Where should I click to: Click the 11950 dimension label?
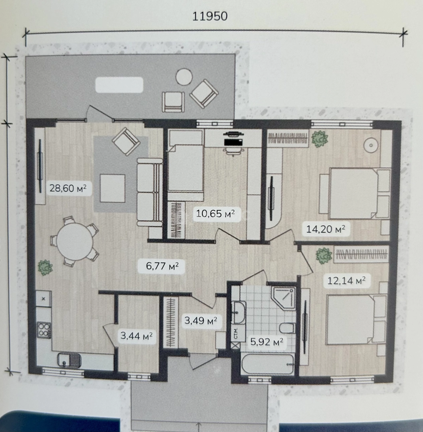coord(210,16)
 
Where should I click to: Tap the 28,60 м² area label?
coord(68,188)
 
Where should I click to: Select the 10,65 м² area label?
coord(215,213)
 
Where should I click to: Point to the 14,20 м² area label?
coord(326,229)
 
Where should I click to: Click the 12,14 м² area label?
coord(346,280)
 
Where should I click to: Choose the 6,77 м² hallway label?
coord(162,266)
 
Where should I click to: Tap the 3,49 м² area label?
coord(201,320)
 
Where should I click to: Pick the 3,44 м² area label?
coord(137,336)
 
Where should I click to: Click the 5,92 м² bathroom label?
coord(266,342)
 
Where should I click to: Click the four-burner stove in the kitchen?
coord(44,330)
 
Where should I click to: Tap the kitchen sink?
coord(70,361)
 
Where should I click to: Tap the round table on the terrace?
coord(184,77)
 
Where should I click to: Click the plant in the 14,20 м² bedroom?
coord(320,139)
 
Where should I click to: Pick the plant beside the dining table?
coord(45,267)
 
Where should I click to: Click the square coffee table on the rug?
coord(113,188)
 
